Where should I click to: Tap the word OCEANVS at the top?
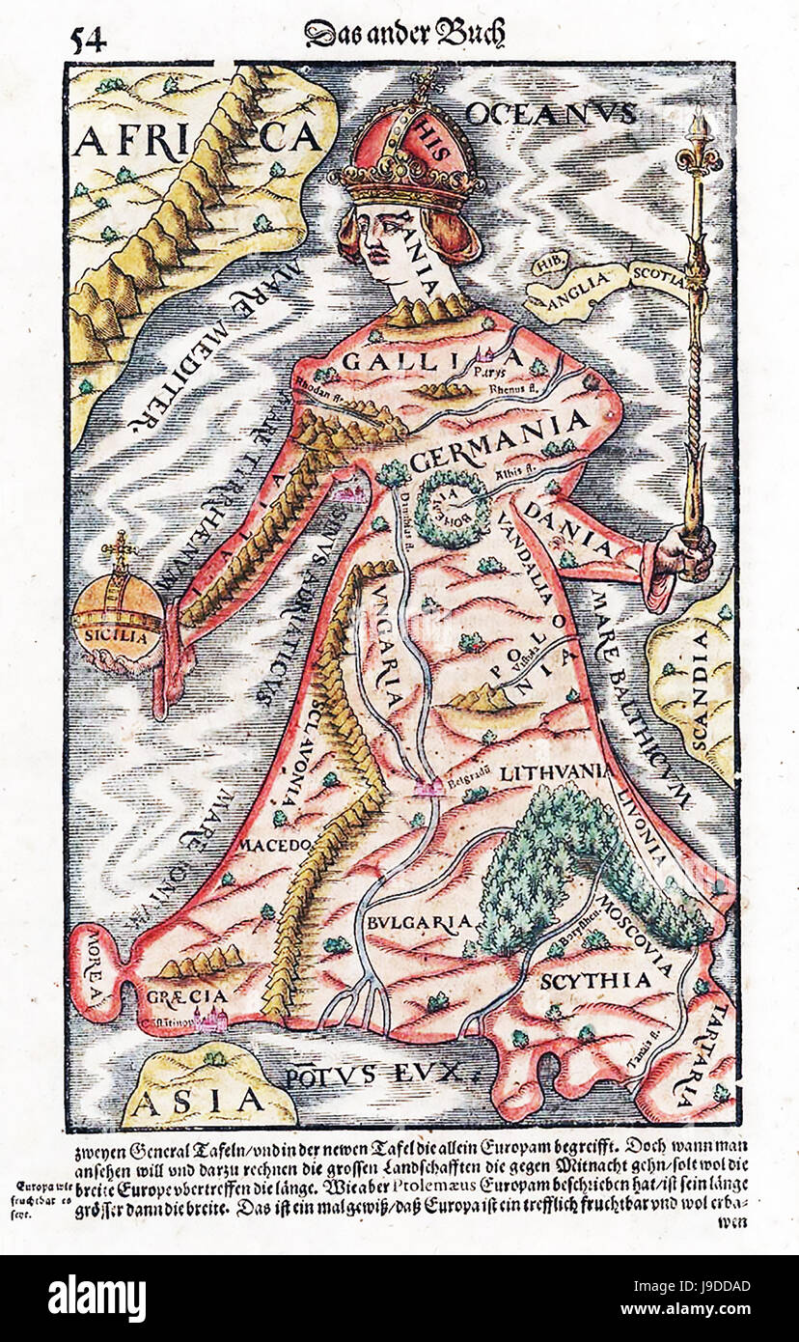pos(551,113)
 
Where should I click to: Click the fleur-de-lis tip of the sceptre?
pos(698,146)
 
